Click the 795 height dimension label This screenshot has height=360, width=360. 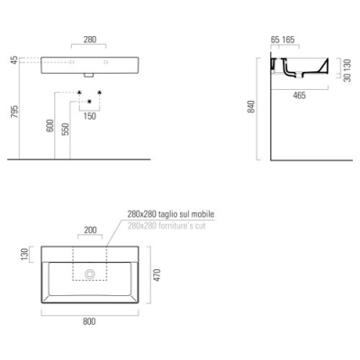click(x=14, y=112)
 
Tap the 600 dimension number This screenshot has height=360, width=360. click(x=50, y=125)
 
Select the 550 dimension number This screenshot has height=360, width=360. click(x=66, y=129)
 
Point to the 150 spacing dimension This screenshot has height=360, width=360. click(x=90, y=116)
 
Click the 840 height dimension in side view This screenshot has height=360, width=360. click(x=251, y=106)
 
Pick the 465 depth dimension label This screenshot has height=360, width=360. click(x=300, y=95)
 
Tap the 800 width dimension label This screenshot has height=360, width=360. click(x=89, y=321)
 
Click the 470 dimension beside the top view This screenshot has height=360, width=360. click(x=157, y=275)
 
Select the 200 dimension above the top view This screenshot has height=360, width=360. click(x=90, y=230)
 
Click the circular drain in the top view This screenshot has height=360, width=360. click(x=90, y=274)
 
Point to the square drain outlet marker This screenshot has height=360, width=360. click(x=89, y=102)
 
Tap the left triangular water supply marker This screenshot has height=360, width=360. click(x=79, y=92)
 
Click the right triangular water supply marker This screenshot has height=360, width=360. click(x=100, y=92)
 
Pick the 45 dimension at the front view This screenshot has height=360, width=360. click(x=14, y=60)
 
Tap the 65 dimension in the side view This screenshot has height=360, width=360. click(x=274, y=40)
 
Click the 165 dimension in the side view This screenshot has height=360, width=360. click(x=288, y=40)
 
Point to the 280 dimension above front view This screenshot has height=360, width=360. click(x=90, y=40)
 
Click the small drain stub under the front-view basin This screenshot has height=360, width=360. click(x=89, y=76)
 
